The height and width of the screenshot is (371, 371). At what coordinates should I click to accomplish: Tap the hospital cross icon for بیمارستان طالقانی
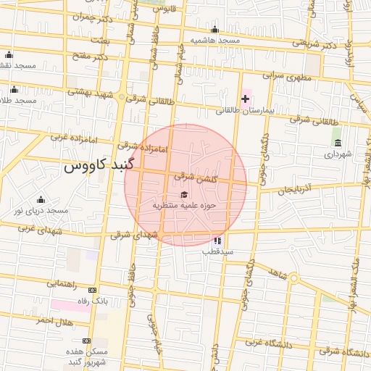point(245,98)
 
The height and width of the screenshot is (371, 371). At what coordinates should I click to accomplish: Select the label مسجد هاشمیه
point(214,41)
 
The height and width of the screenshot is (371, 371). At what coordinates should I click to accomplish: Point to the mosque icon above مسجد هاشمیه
point(214,30)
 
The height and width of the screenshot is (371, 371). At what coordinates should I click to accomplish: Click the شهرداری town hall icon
point(338,141)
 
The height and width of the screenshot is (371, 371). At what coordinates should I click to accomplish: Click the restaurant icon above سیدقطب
point(217,240)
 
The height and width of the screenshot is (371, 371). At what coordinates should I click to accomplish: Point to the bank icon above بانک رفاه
point(92,290)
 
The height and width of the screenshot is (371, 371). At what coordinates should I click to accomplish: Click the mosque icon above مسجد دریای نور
point(41,200)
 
